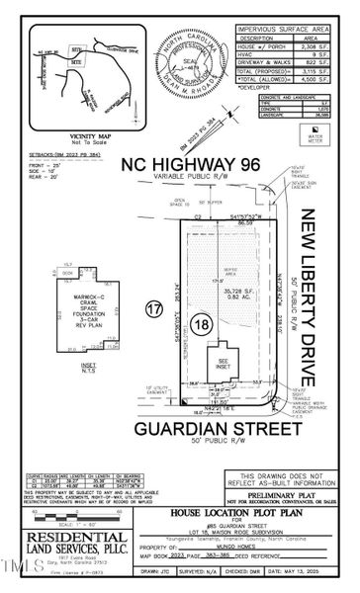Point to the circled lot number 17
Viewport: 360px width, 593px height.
(x=152, y=309)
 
